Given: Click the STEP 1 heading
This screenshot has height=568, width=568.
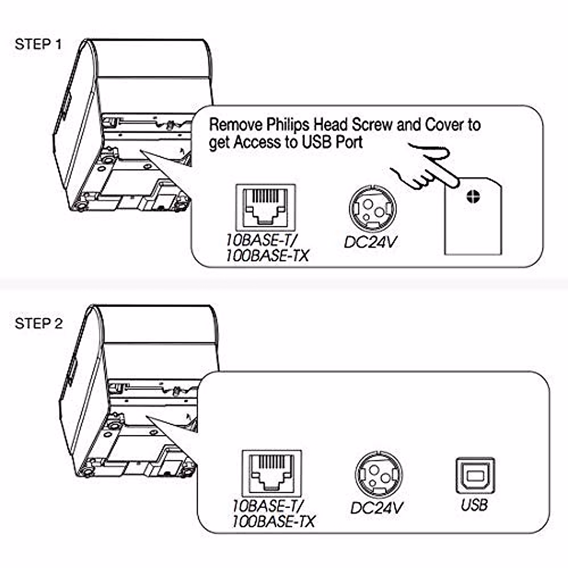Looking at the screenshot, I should click(38, 44).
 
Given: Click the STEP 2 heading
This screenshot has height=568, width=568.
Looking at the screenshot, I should click(38, 324).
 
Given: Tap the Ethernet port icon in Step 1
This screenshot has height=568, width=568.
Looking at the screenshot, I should click(266, 207).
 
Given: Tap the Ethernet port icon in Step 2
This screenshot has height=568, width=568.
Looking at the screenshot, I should click(272, 473).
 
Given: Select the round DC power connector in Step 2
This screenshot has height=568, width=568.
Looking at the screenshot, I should click(378, 475).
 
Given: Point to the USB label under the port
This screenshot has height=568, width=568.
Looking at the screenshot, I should click(474, 505).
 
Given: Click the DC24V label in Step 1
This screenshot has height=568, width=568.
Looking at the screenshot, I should click(370, 242).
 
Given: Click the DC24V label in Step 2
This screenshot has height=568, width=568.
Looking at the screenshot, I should click(377, 508).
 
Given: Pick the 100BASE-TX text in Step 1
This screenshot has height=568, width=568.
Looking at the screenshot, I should click(267, 256).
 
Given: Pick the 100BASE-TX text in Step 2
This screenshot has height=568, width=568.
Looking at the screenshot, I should click(273, 522).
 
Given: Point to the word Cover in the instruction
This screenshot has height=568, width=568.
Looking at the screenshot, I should click(445, 125).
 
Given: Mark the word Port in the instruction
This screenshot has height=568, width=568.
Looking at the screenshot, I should click(349, 142).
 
